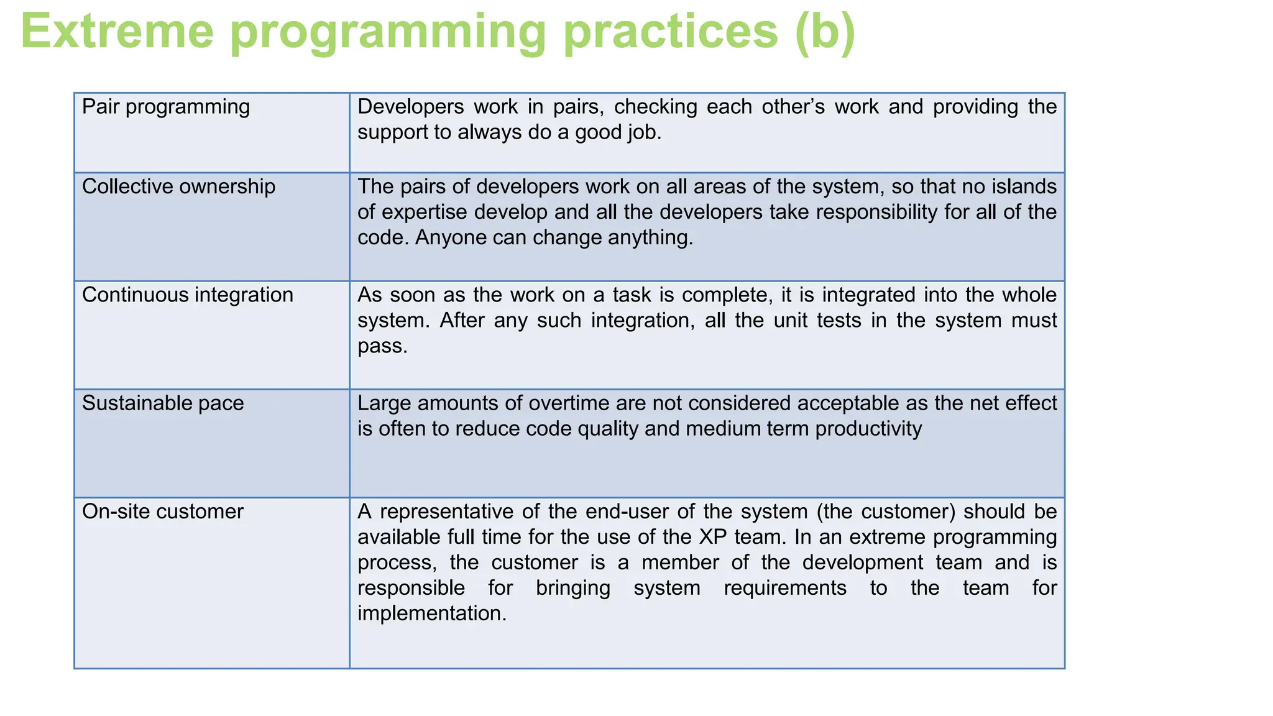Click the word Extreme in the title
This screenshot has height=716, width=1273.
click(117, 32)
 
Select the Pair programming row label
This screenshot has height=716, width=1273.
click(166, 107)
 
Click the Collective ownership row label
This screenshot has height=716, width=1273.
click(178, 186)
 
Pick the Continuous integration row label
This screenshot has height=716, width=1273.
click(187, 295)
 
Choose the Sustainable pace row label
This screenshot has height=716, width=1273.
click(163, 403)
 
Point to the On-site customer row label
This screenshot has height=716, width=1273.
click(163, 512)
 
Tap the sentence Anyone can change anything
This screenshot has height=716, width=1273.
click(553, 237)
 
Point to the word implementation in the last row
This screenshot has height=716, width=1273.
click(431, 613)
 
